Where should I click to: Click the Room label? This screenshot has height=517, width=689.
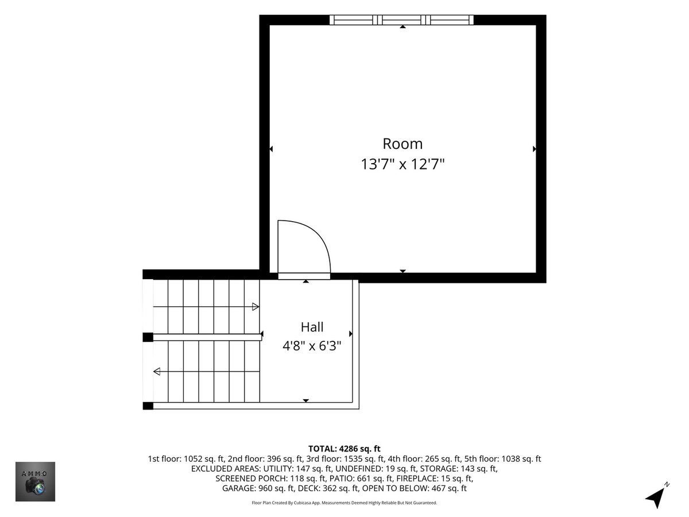(x=402, y=144)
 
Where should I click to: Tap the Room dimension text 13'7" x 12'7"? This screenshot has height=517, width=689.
(x=402, y=164)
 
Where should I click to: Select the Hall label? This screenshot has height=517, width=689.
(x=312, y=327)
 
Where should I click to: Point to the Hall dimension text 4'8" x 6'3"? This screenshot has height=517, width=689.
(x=312, y=346)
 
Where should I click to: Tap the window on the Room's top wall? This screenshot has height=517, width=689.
(x=401, y=20)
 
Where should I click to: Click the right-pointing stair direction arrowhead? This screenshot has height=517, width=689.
(x=256, y=307)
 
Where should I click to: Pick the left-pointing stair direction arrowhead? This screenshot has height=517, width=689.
(x=157, y=372)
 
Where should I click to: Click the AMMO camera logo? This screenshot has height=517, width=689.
(x=35, y=481)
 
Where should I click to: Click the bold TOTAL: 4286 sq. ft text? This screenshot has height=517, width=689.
(x=344, y=449)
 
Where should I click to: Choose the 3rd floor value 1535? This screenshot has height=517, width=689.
(x=353, y=459)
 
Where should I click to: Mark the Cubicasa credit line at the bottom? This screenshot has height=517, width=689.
(x=344, y=503)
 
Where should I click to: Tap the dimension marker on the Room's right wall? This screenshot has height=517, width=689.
(x=534, y=149)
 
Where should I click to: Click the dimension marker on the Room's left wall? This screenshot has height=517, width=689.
(x=271, y=149)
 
